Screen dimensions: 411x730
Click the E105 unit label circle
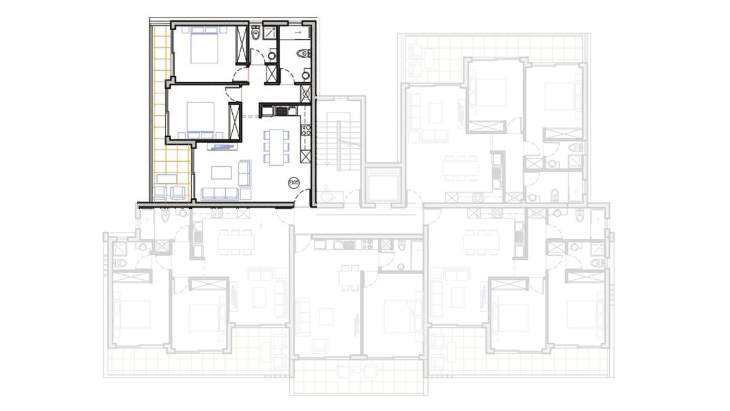[294, 183]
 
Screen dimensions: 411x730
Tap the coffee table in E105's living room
[221, 172]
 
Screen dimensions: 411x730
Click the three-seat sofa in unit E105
[219, 194]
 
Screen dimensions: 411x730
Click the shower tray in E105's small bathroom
[270, 33]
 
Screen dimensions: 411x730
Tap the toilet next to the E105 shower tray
[255, 33]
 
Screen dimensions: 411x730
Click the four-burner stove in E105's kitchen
[306, 130]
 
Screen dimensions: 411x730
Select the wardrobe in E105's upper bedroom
[241, 45]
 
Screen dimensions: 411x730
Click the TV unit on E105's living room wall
[222, 147]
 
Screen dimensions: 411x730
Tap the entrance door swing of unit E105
[303, 198]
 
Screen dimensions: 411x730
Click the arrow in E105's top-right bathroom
[298, 32]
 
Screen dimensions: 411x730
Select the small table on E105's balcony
[167, 178]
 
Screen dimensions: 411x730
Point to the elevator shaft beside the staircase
[383, 186]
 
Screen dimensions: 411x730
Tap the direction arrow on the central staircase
[327, 162]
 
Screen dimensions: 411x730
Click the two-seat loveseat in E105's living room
[244, 173]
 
